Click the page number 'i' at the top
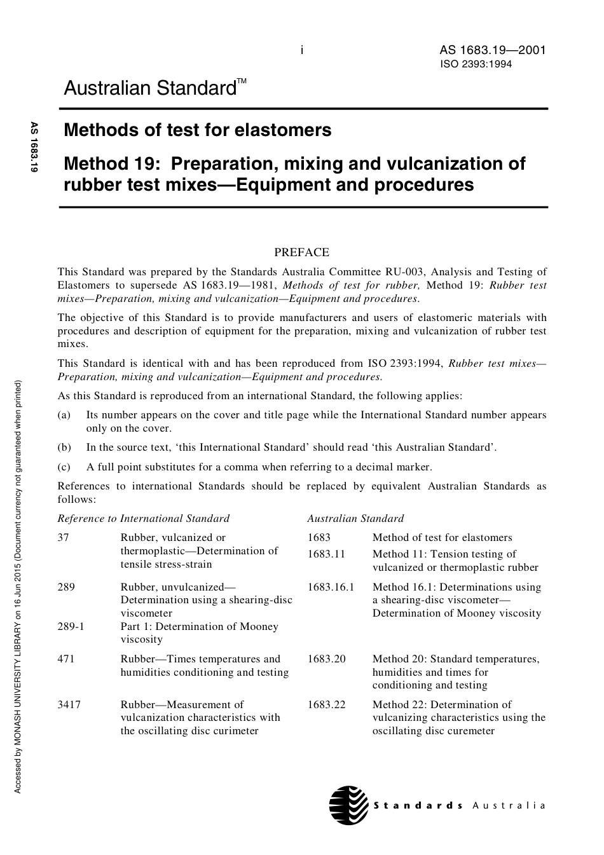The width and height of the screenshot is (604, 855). pos(302,50)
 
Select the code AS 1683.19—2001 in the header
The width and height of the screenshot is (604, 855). pos(493,50)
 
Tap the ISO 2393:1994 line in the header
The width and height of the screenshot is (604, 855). pos(476,64)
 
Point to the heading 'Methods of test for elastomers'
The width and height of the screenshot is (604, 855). pos(198,130)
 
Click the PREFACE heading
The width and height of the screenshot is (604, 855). pos(301,252)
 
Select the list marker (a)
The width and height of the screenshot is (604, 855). pos(64,415)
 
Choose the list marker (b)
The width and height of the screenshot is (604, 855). pos(64,448)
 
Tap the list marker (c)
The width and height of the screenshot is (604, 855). pos(64,467)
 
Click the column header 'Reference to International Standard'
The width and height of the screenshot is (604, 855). pos(143,519)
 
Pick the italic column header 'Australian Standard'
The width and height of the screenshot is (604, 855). pos(355,519)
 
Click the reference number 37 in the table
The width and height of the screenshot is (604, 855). pos(63,538)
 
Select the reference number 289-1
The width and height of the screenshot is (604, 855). pos(71,627)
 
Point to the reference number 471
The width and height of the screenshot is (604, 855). pos(65,659)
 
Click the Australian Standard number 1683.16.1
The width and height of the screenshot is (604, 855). pos(331,587)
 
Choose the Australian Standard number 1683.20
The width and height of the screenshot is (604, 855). pos(326,659)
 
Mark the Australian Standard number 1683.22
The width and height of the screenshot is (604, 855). pos(326,704)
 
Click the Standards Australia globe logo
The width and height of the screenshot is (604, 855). pos(348,805)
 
